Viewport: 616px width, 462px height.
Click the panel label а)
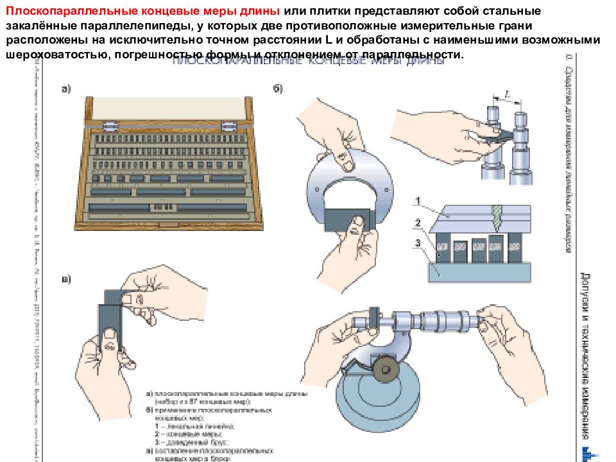[x=66, y=90]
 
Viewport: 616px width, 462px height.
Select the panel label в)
[x=66, y=279]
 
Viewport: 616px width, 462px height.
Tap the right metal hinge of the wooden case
[x=230, y=124]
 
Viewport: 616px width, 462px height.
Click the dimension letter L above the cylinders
[x=507, y=94]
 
